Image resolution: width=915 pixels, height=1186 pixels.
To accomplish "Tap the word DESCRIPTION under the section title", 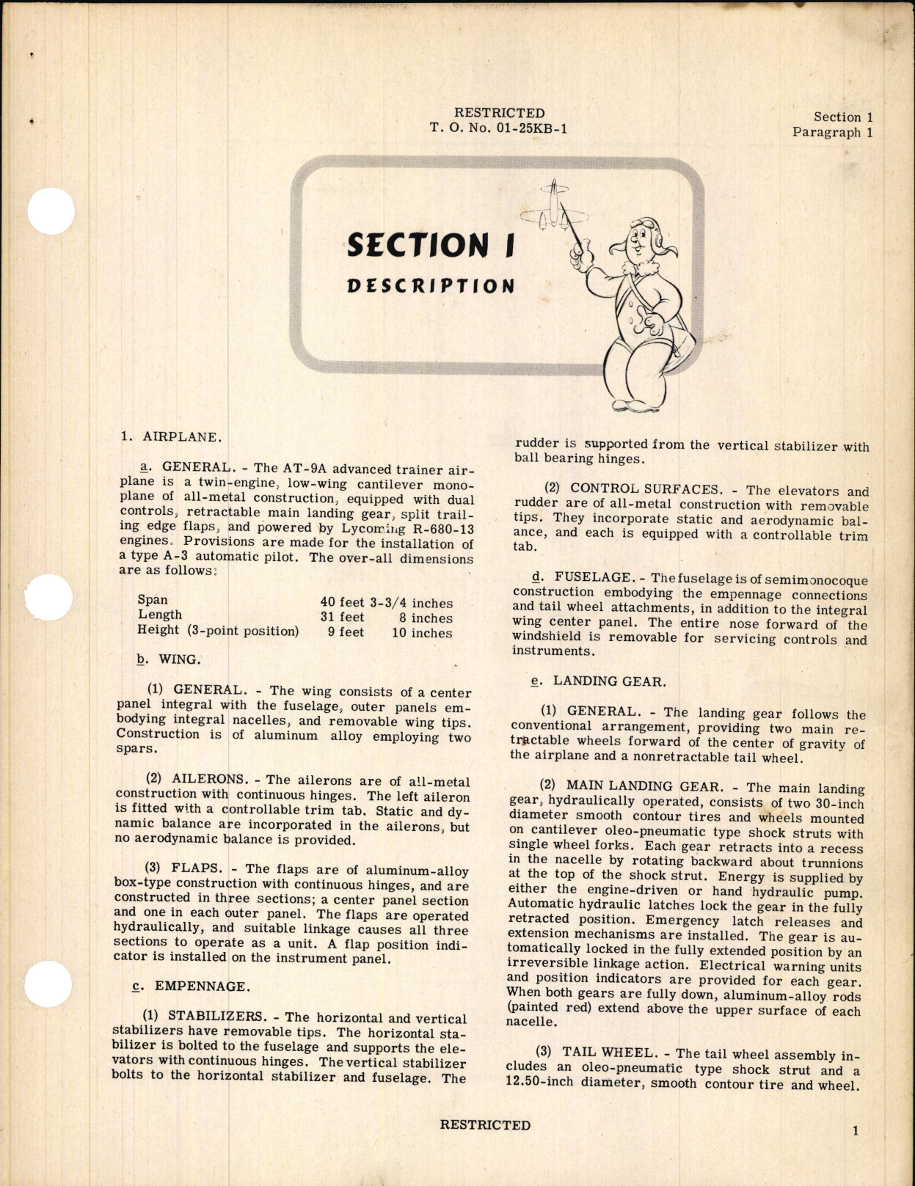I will [431, 285].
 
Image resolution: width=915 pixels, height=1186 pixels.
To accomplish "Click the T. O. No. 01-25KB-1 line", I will [498, 128].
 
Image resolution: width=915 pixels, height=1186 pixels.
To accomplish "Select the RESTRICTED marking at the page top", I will [499, 113].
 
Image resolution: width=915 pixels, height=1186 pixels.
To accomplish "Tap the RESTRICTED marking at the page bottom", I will [485, 1125].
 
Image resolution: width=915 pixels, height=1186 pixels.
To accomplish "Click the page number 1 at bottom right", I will [856, 1131].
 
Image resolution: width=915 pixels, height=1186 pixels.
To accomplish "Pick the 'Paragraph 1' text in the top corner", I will [832, 133].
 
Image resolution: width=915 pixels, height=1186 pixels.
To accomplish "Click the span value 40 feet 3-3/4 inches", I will [386, 603].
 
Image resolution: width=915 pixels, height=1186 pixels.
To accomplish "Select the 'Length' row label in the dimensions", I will [160, 615].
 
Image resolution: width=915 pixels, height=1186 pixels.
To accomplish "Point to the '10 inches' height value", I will [422, 633].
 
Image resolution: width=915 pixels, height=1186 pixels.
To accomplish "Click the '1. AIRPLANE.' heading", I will [171, 437].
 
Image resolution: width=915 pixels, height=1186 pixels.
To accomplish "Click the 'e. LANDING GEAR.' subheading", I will [599, 681].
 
